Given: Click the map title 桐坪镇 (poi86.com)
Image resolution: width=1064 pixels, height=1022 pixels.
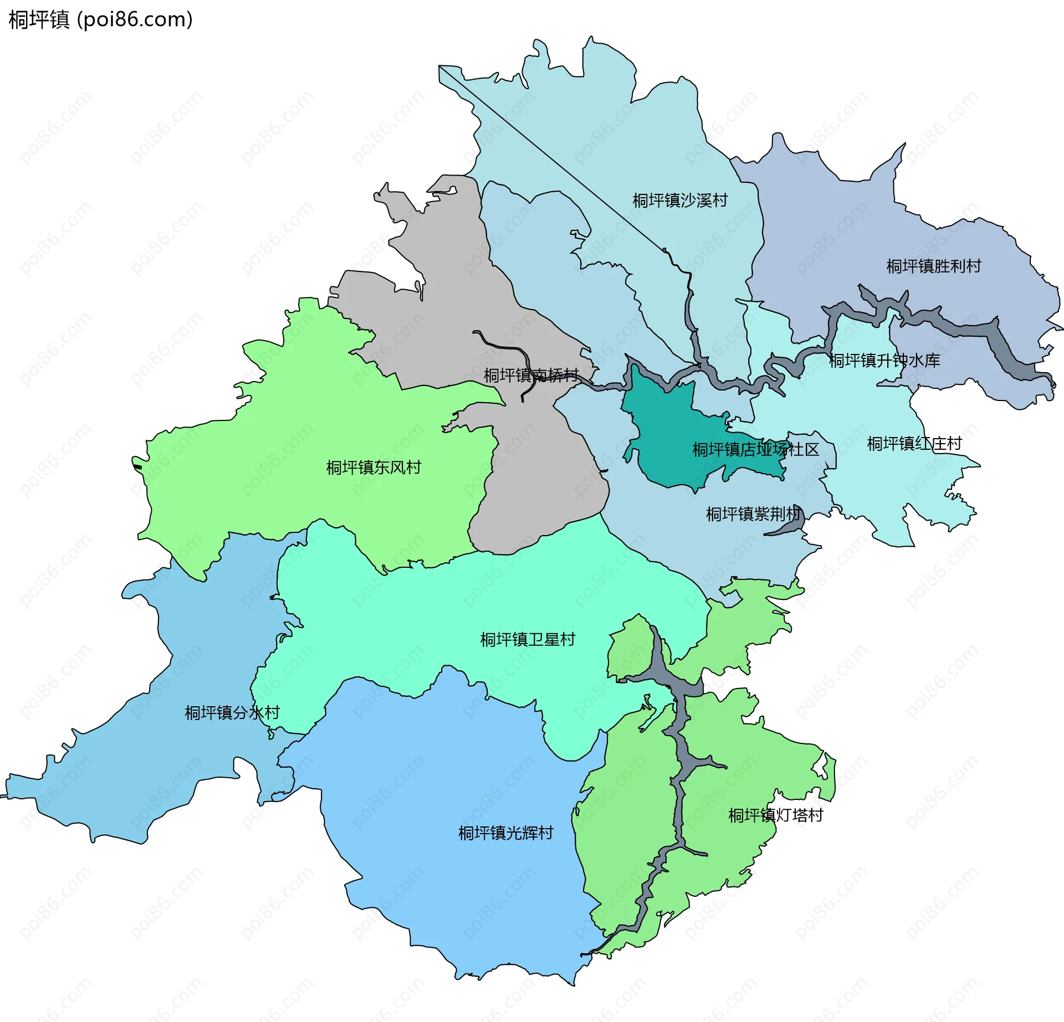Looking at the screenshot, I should click(x=100, y=19).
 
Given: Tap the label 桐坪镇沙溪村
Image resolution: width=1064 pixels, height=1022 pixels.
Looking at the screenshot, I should click(x=679, y=200).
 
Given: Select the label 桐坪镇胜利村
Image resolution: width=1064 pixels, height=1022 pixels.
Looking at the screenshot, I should click(x=933, y=266).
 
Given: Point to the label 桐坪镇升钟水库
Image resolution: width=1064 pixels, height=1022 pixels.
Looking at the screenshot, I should click(x=884, y=361).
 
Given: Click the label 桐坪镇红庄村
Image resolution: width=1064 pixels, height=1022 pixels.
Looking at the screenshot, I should click(x=914, y=444).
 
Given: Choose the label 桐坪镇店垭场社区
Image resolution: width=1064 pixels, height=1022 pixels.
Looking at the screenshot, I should click(x=755, y=449).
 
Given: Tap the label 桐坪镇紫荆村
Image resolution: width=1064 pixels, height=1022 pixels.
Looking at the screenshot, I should click(x=753, y=514).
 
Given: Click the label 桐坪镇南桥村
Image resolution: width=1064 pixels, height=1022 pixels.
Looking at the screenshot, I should click(x=531, y=376).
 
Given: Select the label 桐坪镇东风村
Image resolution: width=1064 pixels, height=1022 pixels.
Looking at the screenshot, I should click(x=374, y=468).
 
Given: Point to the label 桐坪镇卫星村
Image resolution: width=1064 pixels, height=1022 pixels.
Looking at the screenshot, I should click(x=528, y=640).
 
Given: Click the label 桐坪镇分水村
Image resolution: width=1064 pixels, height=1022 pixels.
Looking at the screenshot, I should click(x=232, y=712).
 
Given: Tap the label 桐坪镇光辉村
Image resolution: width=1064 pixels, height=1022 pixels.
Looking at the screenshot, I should click(x=505, y=833).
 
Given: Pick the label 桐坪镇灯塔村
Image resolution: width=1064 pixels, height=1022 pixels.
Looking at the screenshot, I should click(x=775, y=815).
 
